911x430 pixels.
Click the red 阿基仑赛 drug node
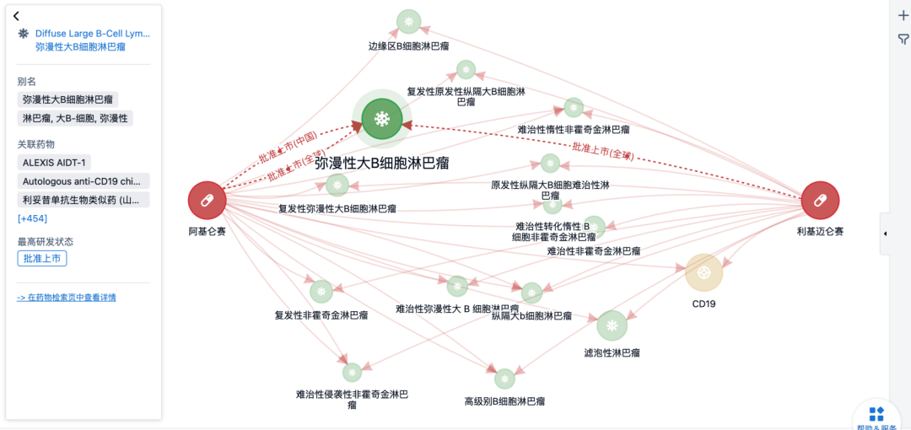[208, 201]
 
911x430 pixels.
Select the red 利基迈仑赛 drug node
[819, 201]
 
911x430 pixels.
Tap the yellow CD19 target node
[703, 272]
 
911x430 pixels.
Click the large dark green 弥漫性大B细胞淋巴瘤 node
[382, 119]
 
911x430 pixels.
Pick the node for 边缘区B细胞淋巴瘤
[409, 21]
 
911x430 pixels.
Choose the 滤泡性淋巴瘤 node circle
[612, 325]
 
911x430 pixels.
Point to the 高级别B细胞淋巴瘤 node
[504, 379]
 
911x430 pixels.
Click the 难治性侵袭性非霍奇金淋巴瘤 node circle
[352, 372]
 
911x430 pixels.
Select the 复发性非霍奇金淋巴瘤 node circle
[321, 292]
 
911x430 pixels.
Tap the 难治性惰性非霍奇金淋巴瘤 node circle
[574, 107]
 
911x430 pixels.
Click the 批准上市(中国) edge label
[288, 150]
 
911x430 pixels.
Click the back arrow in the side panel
[16, 16]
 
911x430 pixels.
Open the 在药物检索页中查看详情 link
[67, 298]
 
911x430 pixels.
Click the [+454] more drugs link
[32, 219]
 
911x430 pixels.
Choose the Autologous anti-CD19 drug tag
[83, 181]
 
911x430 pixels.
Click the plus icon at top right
[903, 15]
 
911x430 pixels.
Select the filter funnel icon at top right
[903, 40]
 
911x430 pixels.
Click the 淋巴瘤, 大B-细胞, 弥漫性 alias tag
[75, 119]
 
